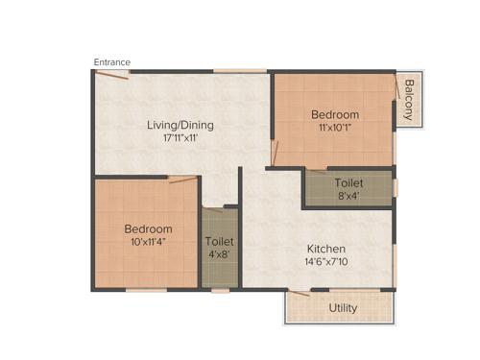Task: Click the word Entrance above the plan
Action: (112, 62)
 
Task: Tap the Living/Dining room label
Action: (180, 125)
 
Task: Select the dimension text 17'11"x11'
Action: (180, 138)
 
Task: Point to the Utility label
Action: (343, 308)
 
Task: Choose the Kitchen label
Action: (326, 246)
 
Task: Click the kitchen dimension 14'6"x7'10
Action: (326, 260)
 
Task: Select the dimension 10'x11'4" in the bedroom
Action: (148, 243)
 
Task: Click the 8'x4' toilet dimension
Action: (348, 196)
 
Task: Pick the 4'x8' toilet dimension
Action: (219, 255)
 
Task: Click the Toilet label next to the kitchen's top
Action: (348, 182)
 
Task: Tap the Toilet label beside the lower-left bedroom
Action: (219, 242)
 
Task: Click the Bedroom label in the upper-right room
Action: (335, 114)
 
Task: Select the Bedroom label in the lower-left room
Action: (148, 229)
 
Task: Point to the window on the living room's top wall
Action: (239, 70)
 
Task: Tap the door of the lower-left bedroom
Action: (183, 178)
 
